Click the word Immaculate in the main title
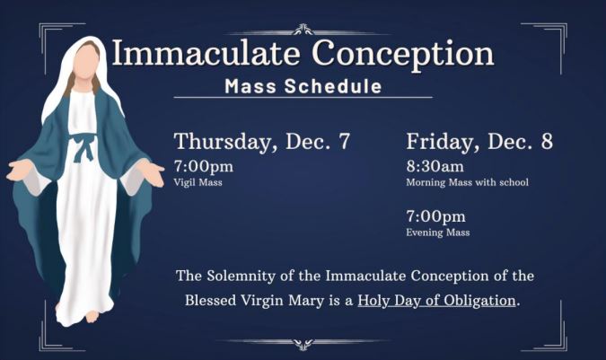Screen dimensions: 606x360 (206, 53)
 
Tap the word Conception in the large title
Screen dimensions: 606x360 (403, 54)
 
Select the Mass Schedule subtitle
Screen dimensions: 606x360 (303, 86)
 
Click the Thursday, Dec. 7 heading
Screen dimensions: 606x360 (262, 141)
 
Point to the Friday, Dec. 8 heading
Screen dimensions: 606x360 (479, 141)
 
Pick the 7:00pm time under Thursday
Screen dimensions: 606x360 (204, 167)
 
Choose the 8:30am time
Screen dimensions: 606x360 (435, 166)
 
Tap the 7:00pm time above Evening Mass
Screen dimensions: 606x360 (436, 216)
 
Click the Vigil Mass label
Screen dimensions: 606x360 (198, 182)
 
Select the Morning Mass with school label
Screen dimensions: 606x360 (467, 182)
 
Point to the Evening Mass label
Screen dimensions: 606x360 (438, 233)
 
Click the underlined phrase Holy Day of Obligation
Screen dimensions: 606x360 (436, 301)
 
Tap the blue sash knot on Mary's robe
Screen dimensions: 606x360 (84, 146)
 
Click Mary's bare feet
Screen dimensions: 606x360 (91, 316)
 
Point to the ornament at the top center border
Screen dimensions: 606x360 (303, 30)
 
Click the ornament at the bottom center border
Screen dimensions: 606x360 (303, 344)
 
